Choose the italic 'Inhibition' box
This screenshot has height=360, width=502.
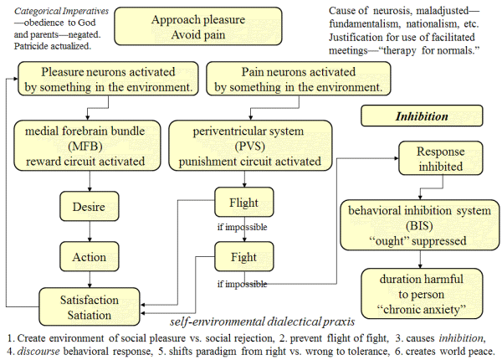coord(422,116)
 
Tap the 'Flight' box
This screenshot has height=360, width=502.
coord(242,203)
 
